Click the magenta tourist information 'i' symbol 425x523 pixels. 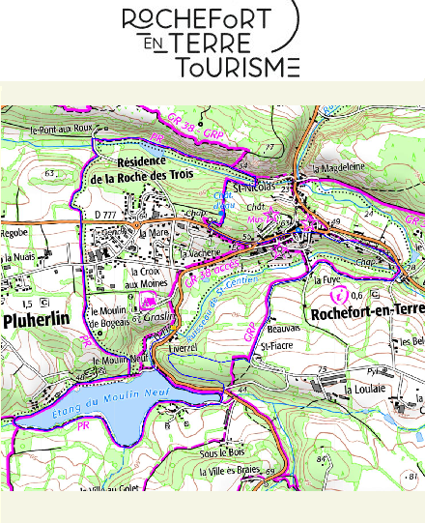[337, 293]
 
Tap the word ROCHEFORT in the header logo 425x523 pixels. [206, 19]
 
